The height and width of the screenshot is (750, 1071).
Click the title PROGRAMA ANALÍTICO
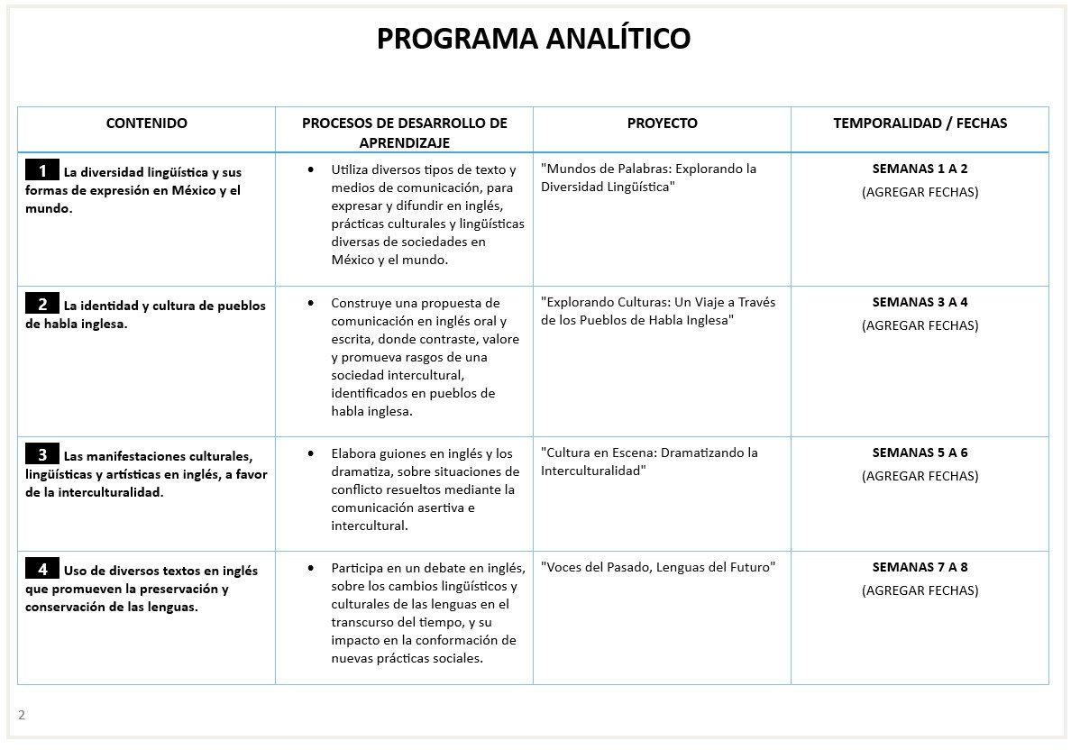pos(534,39)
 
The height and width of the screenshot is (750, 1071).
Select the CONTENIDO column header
pos(147,123)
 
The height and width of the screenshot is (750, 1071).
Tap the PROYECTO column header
pos(662,123)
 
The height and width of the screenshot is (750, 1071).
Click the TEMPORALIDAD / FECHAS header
pos(920,123)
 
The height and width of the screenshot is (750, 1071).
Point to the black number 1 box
pos(42,170)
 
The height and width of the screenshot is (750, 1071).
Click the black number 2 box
pos(42,304)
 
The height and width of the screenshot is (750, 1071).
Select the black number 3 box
pos(42,453)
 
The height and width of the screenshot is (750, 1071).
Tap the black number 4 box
pos(42,569)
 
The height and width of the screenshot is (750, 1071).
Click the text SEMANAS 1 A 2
pos(920,169)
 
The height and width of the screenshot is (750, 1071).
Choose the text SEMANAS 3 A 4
pos(920,302)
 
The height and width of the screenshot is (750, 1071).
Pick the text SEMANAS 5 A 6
pos(920,453)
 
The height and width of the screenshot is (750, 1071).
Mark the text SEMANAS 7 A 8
pos(920,567)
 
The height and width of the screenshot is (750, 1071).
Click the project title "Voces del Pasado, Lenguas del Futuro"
pos(658,567)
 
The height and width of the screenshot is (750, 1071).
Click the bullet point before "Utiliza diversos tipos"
pos(311,169)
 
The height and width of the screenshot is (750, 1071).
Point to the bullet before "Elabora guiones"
pos(311,453)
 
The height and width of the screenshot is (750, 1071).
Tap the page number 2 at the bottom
pos(22,715)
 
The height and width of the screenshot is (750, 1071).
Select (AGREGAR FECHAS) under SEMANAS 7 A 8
pos(920,590)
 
